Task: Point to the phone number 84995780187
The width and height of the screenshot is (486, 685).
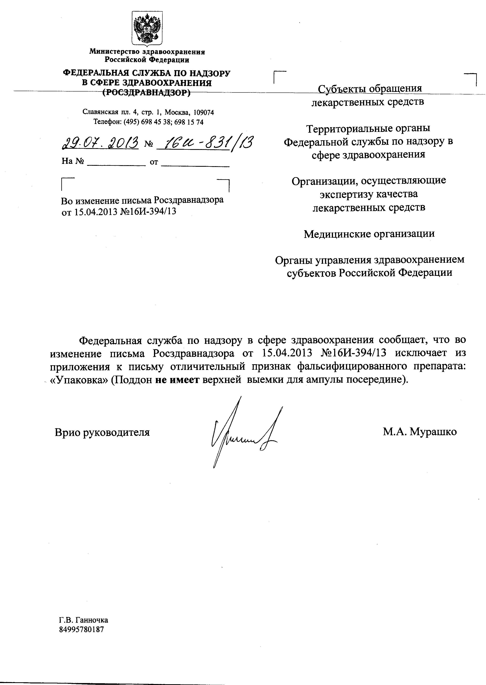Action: tap(81, 629)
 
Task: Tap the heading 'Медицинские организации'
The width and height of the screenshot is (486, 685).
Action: tap(369, 234)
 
